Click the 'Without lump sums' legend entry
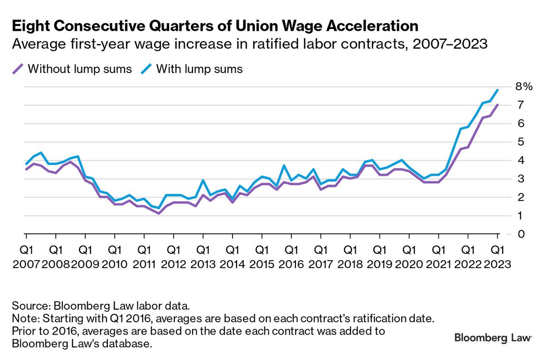pyautogui.click(x=73, y=69)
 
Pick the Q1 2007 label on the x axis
pyautogui.click(x=26, y=257)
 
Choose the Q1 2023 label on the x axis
pyautogui.click(x=497, y=257)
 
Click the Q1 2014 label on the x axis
pyautogui.click(x=233, y=257)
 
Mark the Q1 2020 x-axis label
pyautogui.click(x=409, y=257)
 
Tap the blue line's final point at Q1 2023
pyautogui.click(x=497, y=90)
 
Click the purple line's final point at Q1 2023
pyautogui.click(x=497, y=105)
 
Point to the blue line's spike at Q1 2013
pyautogui.click(x=203, y=180)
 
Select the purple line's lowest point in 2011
pyautogui.click(x=159, y=213)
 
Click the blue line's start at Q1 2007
pyautogui.click(x=26, y=164)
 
